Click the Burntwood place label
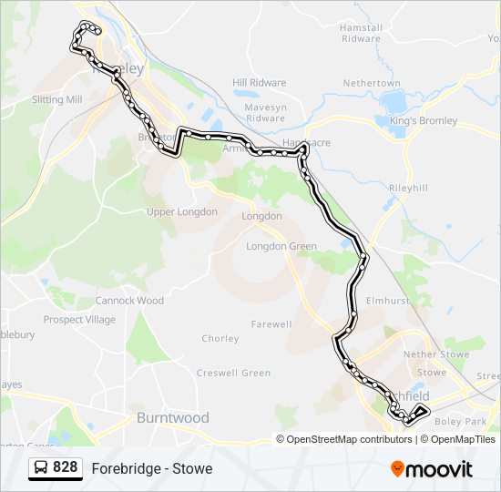(x=172, y=418)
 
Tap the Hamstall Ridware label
(x=361, y=33)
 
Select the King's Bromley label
(x=417, y=121)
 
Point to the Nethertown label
(x=372, y=84)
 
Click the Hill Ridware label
(x=259, y=83)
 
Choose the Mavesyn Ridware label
(x=265, y=112)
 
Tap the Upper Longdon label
(x=182, y=212)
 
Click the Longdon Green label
(x=281, y=247)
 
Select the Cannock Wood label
(x=129, y=301)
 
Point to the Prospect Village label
(x=80, y=320)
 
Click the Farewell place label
(x=271, y=324)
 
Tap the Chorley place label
(x=220, y=339)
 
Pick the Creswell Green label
(x=233, y=374)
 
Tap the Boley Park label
(x=461, y=422)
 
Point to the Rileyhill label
(x=408, y=188)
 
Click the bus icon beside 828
(x=41, y=468)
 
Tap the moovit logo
(x=432, y=469)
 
